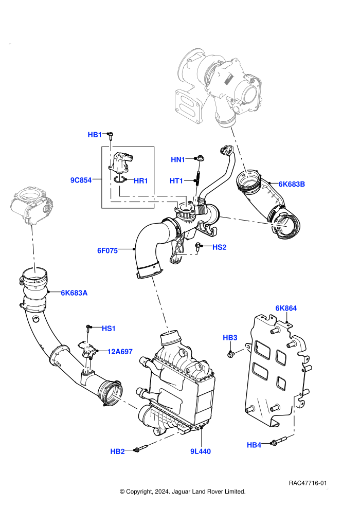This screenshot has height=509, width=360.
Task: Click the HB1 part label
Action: pyautogui.click(x=95, y=135)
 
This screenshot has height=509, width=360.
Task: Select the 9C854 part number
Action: pyautogui.click(x=81, y=180)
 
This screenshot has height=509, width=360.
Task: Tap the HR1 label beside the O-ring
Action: pyautogui.click(x=141, y=181)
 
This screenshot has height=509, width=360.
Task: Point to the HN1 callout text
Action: pyautogui.click(x=178, y=159)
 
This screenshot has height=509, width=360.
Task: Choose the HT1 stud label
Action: pyautogui.click(x=176, y=180)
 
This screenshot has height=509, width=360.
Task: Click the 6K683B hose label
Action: pyautogui.click(x=292, y=184)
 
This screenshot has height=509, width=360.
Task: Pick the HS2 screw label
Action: pyautogui.click(x=220, y=247)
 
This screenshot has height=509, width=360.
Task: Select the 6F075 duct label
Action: pyautogui.click(x=107, y=250)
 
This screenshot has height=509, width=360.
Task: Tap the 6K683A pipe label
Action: pyautogui.click(x=75, y=293)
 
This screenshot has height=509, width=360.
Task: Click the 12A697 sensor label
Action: pyautogui.click(x=120, y=352)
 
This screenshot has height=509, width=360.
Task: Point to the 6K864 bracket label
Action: pyautogui.click(x=286, y=308)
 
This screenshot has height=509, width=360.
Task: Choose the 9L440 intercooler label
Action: pyautogui.click(x=201, y=451)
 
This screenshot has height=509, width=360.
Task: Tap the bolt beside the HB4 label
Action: pyautogui.click(x=279, y=441)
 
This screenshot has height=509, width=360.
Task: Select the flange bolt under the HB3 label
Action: pyautogui.click(x=231, y=354)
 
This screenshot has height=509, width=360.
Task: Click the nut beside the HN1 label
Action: pyautogui.click(x=199, y=158)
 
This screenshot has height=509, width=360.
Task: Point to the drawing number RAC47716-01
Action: pyautogui.click(x=308, y=483)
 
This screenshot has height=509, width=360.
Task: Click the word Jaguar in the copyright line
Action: pyautogui.click(x=182, y=492)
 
